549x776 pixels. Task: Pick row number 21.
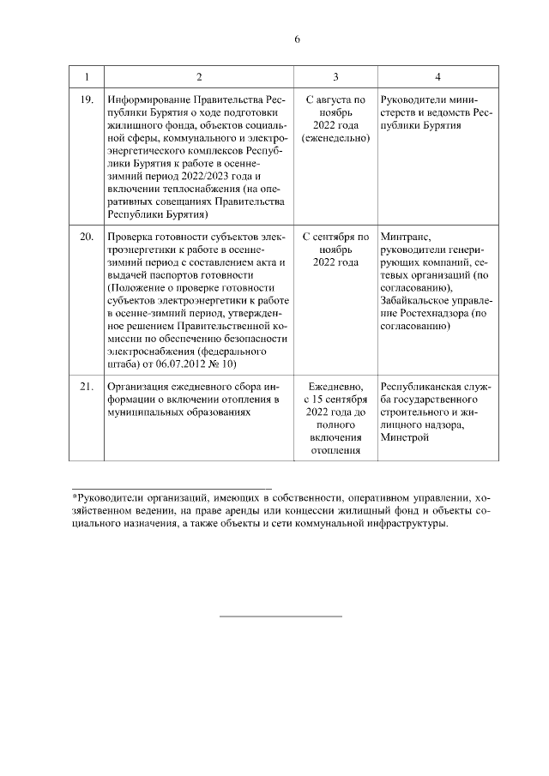click(86, 387)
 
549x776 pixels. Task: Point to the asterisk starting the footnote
click(75, 496)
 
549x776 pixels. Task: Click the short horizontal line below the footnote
click(281, 616)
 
